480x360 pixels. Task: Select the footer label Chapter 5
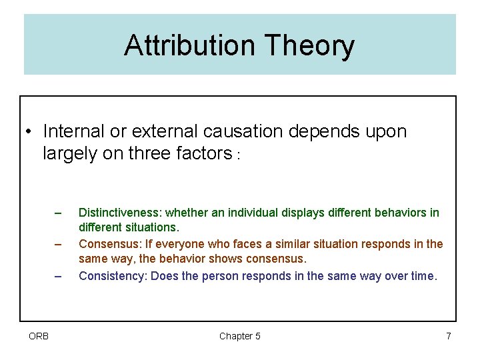(x=240, y=336)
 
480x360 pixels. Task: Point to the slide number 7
(x=449, y=336)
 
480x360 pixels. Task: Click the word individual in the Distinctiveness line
(x=251, y=213)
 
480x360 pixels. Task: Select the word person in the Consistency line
(x=224, y=275)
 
